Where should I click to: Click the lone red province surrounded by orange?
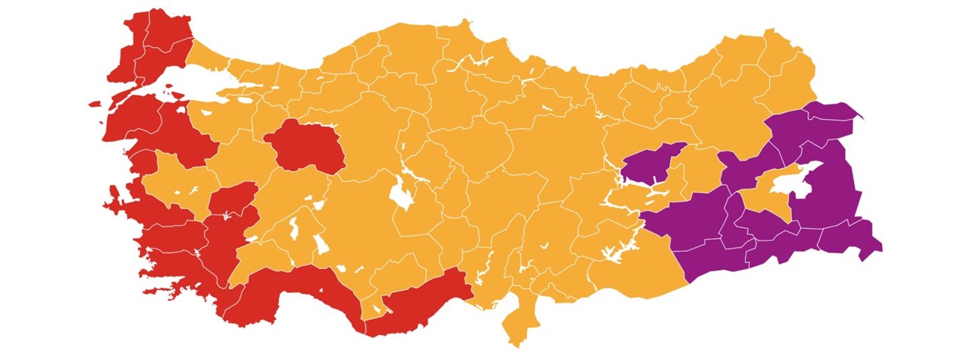click(303, 146)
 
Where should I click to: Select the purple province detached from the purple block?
click(649, 165)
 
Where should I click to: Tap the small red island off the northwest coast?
click(95, 104)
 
